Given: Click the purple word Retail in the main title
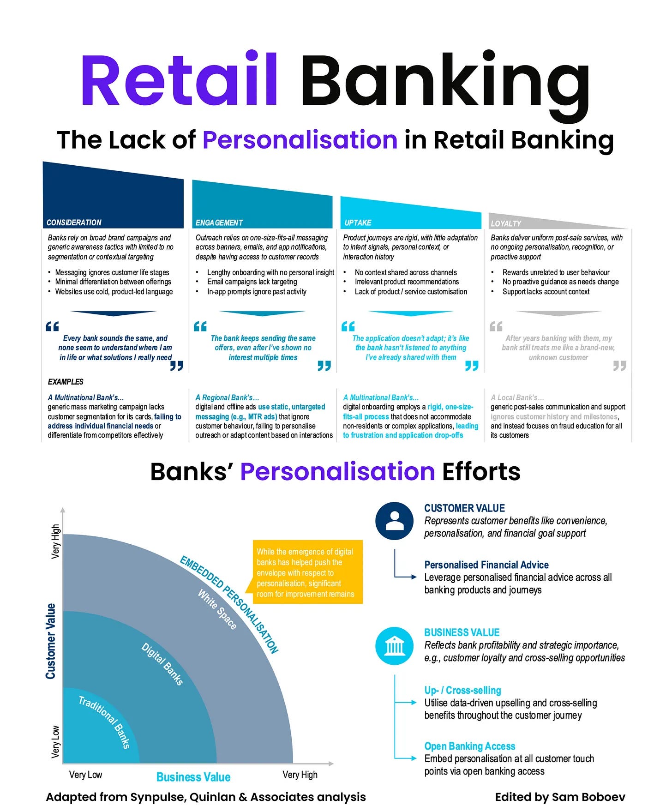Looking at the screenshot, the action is pos(179,80).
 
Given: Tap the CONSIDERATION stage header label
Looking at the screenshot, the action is pos(74,223).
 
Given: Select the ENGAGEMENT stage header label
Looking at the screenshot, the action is pos(219,223).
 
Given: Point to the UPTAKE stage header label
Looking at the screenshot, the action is pos(358,223).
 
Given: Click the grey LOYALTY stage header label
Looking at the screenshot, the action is pos(506,223).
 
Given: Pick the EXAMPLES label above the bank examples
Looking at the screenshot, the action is pos(66,382).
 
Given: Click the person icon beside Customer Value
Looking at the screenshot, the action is pos(394,521).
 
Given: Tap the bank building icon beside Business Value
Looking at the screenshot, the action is pos(394,645).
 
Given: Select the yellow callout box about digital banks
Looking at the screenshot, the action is pos(307,572).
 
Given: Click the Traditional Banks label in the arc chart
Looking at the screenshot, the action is pos(104,722).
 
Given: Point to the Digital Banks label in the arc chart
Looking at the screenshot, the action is pos(162,664).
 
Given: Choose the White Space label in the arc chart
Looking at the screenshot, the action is pos(217,609).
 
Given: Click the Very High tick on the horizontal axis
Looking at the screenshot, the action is pos(300,775).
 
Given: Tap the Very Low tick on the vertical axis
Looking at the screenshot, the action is pos(55,741).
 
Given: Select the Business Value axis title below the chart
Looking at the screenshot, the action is pos(193,777).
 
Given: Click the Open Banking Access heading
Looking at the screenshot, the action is pos(469,746).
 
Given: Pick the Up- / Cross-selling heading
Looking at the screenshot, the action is pos(462,690).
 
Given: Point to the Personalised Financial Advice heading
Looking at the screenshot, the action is pos(486,565).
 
